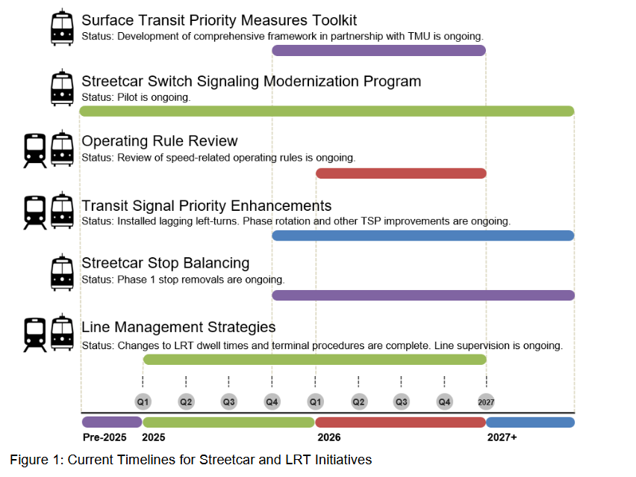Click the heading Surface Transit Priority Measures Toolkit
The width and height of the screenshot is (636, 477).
coord(219,20)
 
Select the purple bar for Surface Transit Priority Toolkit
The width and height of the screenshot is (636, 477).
coord(378,50)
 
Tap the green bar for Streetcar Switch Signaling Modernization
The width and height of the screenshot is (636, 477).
coord(326,111)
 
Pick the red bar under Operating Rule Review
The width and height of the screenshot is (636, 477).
coord(401,173)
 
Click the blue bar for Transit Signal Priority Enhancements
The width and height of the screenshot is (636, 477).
coord(423,236)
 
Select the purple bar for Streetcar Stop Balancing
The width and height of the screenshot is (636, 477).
coord(423,295)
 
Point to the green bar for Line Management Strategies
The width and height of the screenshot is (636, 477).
coord(314,360)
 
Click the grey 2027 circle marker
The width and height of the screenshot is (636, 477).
coord(486,401)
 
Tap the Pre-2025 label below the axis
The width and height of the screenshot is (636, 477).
coord(105,437)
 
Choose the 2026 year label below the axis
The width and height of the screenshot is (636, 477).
coord(328,437)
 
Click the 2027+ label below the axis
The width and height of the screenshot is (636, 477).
coord(502,437)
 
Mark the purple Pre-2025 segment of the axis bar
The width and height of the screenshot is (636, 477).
coord(111,422)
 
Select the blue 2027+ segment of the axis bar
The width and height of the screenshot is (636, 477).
coord(530,422)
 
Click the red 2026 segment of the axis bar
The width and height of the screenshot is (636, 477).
coord(400,422)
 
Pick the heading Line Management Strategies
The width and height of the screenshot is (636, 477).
coord(178,327)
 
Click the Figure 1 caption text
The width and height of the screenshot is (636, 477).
coord(190,460)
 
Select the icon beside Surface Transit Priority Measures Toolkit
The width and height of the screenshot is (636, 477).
coord(62,27)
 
